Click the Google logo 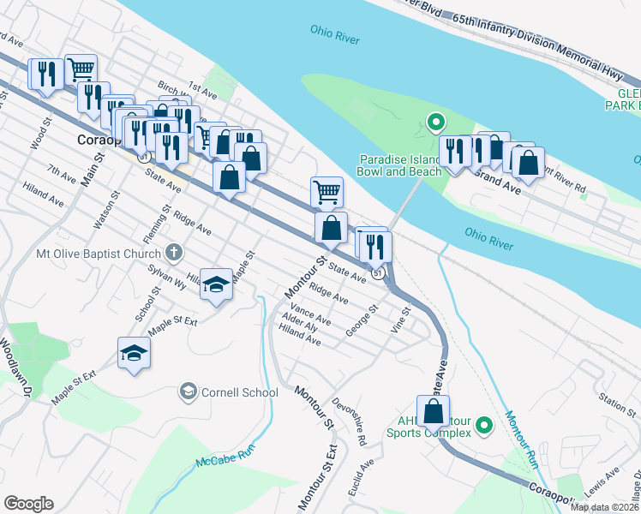(28, 504)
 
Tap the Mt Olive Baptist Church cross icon (173, 253)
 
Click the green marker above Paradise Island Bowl (435, 123)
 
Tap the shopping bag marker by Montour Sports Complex (434, 410)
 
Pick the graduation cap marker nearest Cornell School (135, 353)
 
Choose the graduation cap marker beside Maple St (217, 284)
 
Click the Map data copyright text (605, 507)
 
